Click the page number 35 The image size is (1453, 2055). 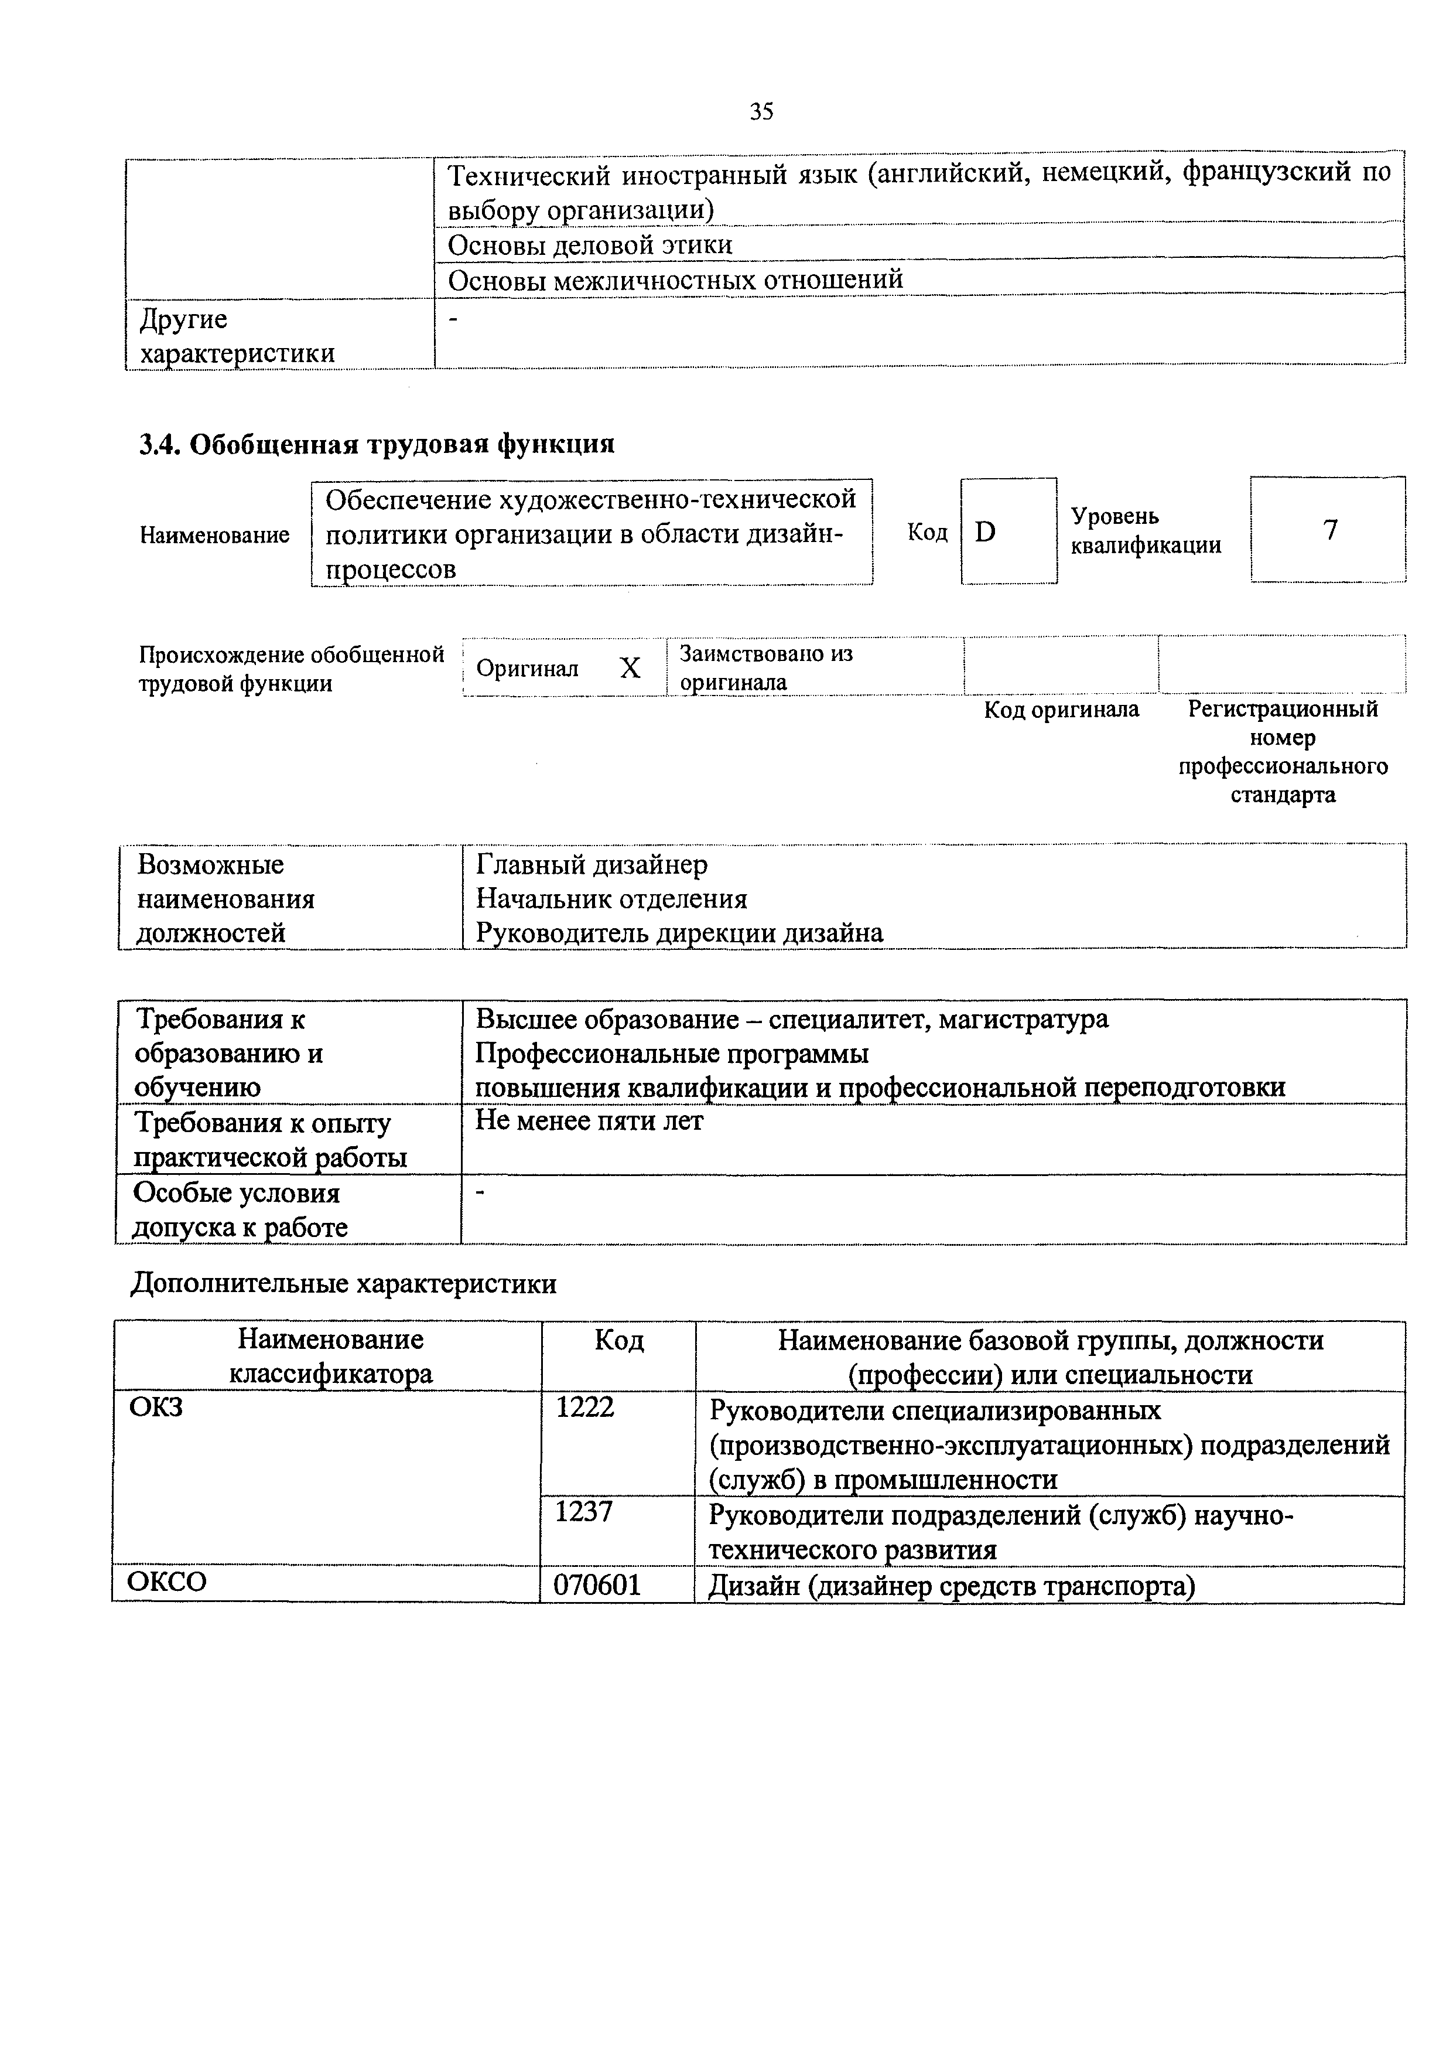[x=761, y=112]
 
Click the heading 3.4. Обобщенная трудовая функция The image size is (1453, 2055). [x=377, y=444]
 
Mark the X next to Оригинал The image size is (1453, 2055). [x=630, y=667]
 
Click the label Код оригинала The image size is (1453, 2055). [x=1061, y=710]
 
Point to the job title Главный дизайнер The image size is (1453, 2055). [x=592, y=865]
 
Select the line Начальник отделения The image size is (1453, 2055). [x=611, y=899]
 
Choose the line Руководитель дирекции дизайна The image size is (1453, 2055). [x=679, y=933]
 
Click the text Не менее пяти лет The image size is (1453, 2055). [x=589, y=1120]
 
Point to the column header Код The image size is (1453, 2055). [x=618, y=1341]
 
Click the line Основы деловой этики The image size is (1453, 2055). [x=590, y=246]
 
